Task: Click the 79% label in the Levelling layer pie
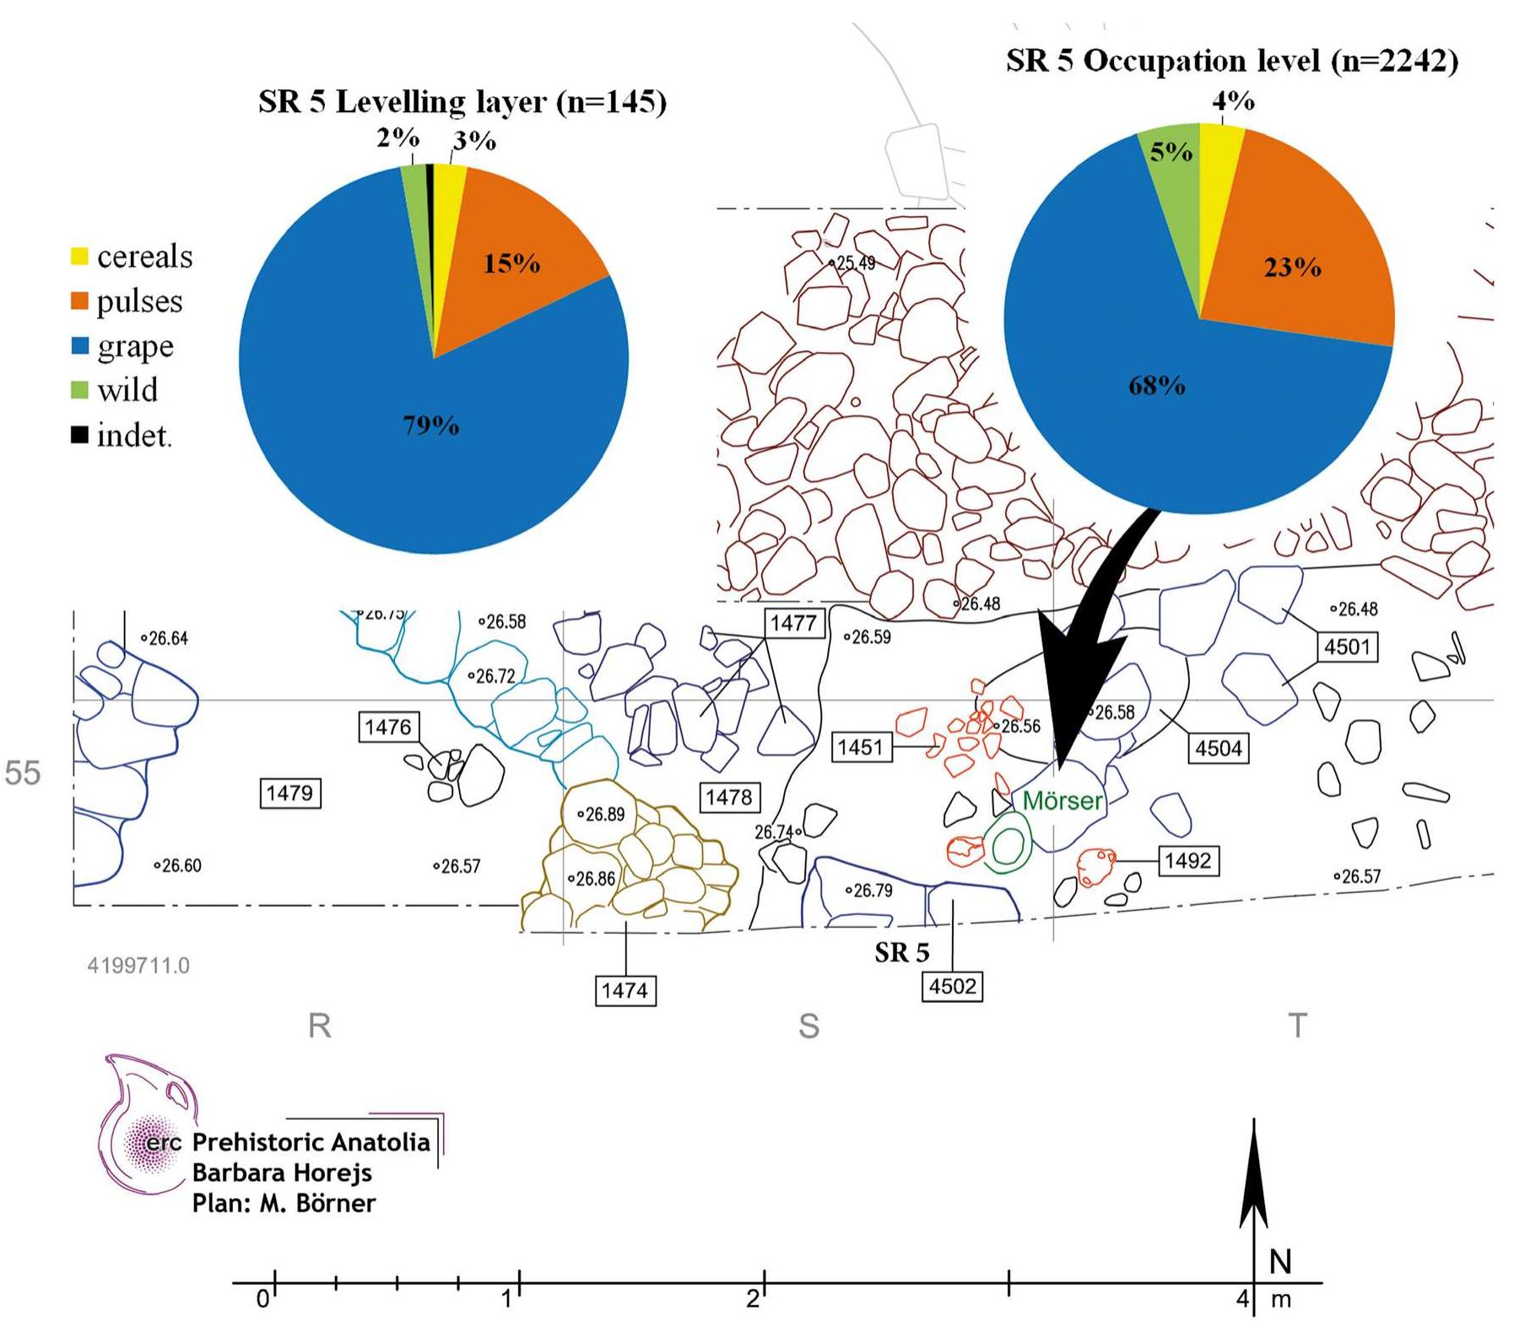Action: coord(430,425)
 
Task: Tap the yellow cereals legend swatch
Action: coord(79,256)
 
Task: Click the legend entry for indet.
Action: coord(133,436)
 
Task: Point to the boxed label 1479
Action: coord(289,793)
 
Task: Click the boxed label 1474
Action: coord(625,989)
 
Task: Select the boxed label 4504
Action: coord(1218,748)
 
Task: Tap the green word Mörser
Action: coord(1063,800)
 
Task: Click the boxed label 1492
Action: coord(1187,860)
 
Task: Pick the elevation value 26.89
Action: coord(604,815)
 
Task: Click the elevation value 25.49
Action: coord(855,263)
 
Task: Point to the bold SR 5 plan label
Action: coord(901,952)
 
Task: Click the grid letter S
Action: coord(808,1026)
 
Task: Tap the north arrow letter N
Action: coord(1280,1261)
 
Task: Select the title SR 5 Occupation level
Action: coord(1231,61)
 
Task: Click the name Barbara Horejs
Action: coord(282,1173)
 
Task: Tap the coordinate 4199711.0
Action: coord(138,965)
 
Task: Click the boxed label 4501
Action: coord(1346,647)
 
